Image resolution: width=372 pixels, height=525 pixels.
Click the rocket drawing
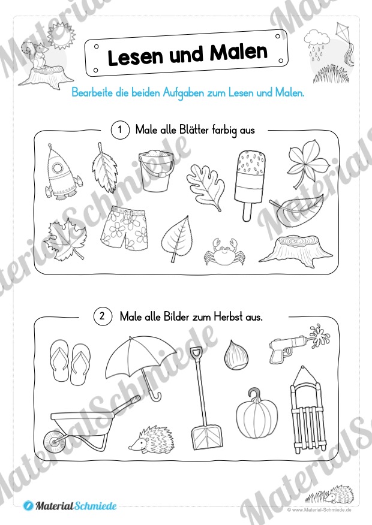pyautogui.click(x=62, y=173)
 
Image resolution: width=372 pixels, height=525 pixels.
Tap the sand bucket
pyautogui.click(x=156, y=170)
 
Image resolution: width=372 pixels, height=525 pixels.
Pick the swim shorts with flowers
pyautogui.click(x=124, y=228)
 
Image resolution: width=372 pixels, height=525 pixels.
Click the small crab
pyautogui.click(x=224, y=252)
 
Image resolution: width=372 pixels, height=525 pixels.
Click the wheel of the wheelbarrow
pyautogui.click(x=55, y=440)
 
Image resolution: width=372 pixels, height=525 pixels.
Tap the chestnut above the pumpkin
pyautogui.click(x=237, y=355)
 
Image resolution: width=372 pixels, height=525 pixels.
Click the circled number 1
pyautogui.click(x=120, y=130)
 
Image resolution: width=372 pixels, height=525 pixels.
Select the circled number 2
pyautogui.click(x=103, y=316)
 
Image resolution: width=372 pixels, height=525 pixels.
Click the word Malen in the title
pyautogui.click(x=239, y=53)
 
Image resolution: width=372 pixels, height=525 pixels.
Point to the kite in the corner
pyautogui.click(x=344, y=43)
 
